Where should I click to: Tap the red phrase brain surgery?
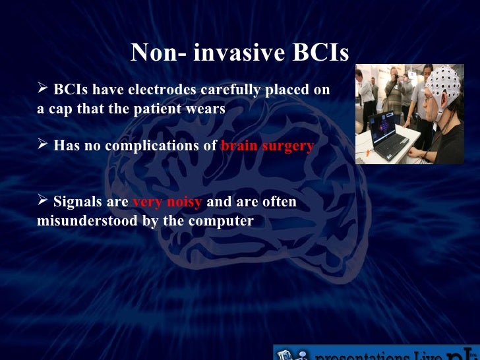(267, 146)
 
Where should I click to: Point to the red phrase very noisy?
(167, 202)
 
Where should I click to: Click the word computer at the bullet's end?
(221, 221)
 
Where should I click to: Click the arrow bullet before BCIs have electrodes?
(43, 89)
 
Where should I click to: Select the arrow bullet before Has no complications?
(43, 145)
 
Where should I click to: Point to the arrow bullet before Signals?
(43, 201)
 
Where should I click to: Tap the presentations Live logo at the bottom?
(376, 353)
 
